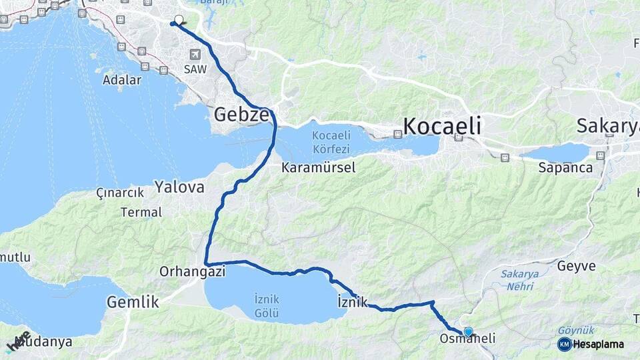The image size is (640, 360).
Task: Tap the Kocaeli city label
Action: (x=442, y=125)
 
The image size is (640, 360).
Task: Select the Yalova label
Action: (x=179, y=187)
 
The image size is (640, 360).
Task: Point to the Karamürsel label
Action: (x=318, y=167)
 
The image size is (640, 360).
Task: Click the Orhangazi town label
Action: (x=193, y=271)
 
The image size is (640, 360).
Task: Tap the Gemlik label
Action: (x=133, y=301)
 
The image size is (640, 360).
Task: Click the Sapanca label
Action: (x=565, y=167)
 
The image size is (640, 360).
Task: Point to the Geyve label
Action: (x=576, y=266)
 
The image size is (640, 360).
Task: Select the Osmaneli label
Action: (x=467, y=339)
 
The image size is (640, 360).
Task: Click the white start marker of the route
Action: (x=179, y=20)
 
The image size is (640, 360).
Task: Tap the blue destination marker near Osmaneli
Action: (x=468, y=331)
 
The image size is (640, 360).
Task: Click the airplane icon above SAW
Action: (x=195, y=55)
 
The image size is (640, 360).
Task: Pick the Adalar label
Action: (x=122, y=80)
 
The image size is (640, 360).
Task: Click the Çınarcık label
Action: (x=120, y=193)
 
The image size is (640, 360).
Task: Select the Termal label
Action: (x=141, y=212)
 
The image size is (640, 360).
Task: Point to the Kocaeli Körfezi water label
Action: (x=333, y=140)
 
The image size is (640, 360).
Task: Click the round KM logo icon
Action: (x=564, y=344)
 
